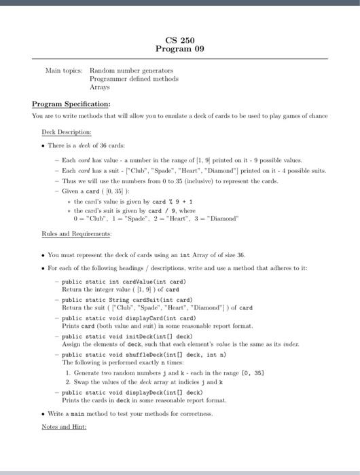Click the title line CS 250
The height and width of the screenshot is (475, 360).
[x=179, y=40]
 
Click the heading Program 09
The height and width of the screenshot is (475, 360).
[x=179, y=49]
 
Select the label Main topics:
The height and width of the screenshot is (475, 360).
[x=63, y=70]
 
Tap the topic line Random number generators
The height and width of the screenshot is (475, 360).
[x=132, y=70]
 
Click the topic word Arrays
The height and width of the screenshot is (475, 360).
[x=100, y=88]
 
